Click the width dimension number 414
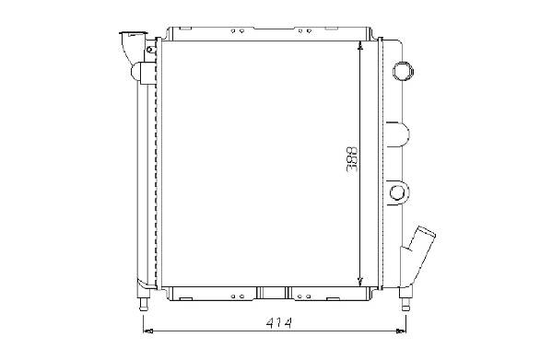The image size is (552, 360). (279, 323)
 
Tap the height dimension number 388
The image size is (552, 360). (352, 159)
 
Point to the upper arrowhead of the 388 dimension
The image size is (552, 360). (359, 45)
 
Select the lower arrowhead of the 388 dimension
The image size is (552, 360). (359, 281)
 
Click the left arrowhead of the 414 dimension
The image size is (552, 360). (147, 331)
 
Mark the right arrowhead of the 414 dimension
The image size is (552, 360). (401, 331)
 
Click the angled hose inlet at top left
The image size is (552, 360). (132, 48)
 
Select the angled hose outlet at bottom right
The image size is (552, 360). (419, 253)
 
